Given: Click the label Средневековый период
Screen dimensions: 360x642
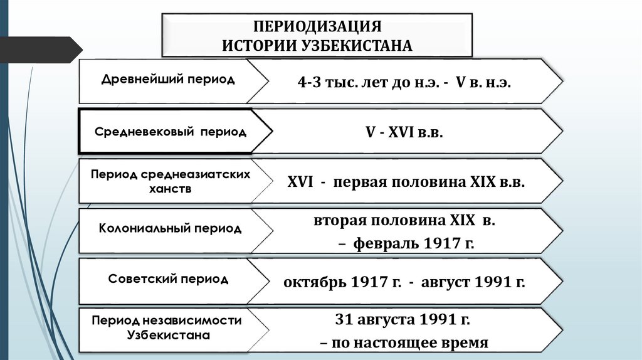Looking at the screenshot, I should pyautogui.click(x=171, y=132).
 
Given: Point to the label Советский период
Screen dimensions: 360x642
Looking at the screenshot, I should pyautogui.click(x=167, y=278).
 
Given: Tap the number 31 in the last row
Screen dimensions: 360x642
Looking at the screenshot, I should pyautogui.click(x=345, y=319).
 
